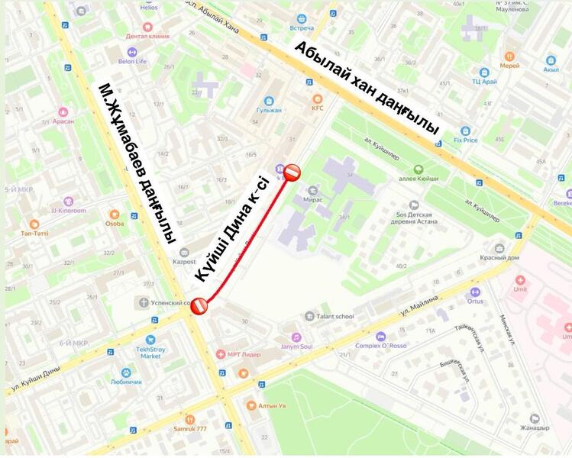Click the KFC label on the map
pyautogui.click(x=318, y=108)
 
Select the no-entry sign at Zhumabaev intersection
pyautogui.click(x=199, y=305)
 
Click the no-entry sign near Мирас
pyautogui.click(x=292, y=173)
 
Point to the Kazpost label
pyautogui.click(x=184, y=261)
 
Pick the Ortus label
pyautogui.click(x=475, y=300)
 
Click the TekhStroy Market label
pyautogui.click(x=150, y=352)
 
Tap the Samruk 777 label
pyautogui.click(x=190, y=428)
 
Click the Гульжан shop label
pyautogui.click(x=269, y=109)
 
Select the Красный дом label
pyautogui.click(x=500, y=257)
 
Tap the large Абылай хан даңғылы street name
pyautogui.click(x=367, y=88)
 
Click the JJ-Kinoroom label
pyautogui.click(x=69, y=210)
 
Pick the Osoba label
pyautogui.click(x=115, y=223)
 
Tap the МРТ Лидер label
pyautogui.click(x=244, y=354)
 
